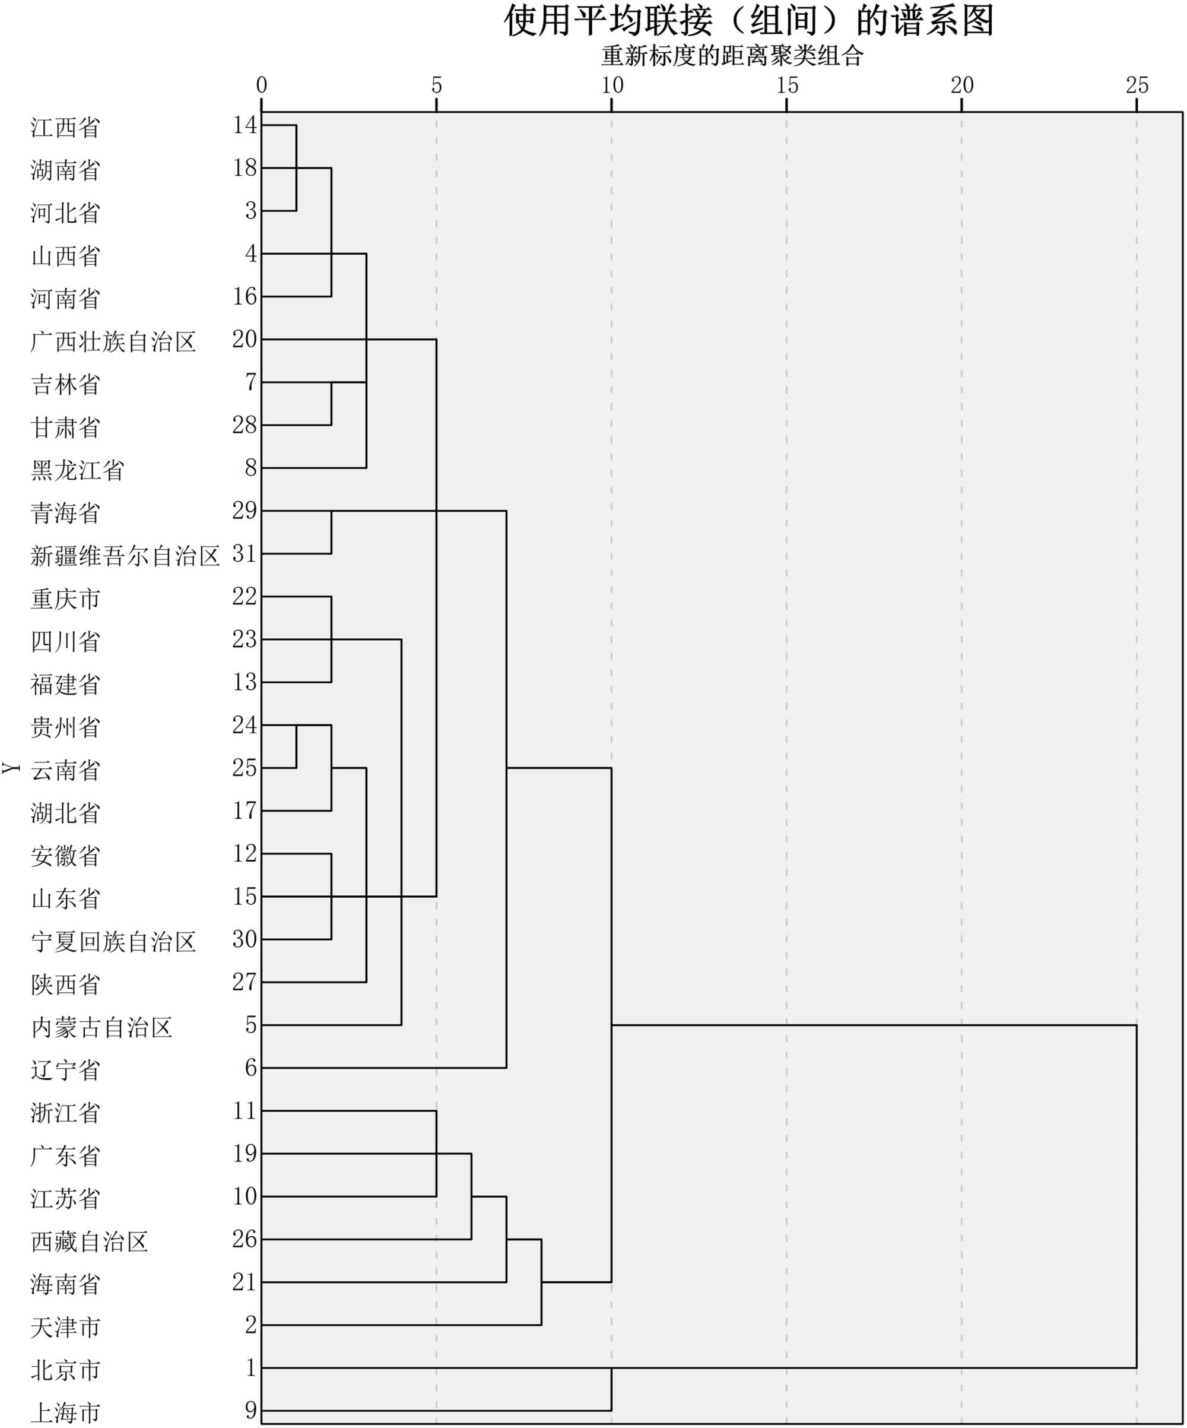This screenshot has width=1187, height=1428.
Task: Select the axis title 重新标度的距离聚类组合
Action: click(x=732, y=56)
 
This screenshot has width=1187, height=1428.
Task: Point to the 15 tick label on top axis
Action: click(x=786, y=86)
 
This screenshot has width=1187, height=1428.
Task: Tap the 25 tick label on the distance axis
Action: click(x=1137, y=86)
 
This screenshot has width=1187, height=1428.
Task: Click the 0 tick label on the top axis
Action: click(x=262, y=86)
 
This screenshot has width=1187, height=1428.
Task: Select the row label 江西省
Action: click(x=65, y=127)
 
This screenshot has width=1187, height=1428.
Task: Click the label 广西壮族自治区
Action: click(x=113, y=341)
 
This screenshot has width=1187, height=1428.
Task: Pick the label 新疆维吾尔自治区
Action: click(x=125, y=556)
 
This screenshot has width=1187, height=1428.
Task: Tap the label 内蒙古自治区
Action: click(x=101, y=1027)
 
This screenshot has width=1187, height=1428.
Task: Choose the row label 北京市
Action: click(x=65, y=1370)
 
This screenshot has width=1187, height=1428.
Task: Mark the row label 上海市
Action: click(x=65, y=1413)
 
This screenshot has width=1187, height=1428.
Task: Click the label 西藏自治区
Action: click(x=89, y=1241)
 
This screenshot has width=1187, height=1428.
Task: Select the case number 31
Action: click(x=244, y=553)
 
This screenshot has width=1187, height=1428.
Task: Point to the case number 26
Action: click(x=244, y=1239)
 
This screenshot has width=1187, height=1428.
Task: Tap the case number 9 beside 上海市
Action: click(x=251, y=1410)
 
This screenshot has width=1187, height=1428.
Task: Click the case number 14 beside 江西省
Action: click(x=244, y=125)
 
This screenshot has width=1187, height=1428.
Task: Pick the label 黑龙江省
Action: click(x=78, y=470)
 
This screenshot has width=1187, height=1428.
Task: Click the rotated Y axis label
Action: click(x=11, y=768)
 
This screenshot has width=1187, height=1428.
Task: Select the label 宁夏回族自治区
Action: click(x=113, y=941)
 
